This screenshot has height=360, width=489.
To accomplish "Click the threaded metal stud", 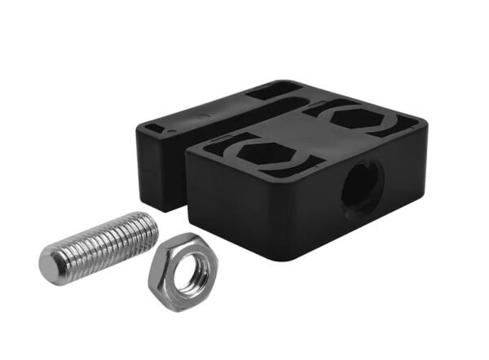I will pyautogui.click(x=102, y=244).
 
